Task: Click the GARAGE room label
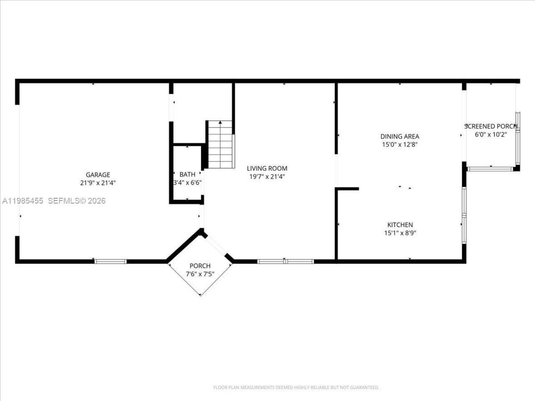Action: (x=98, y=175)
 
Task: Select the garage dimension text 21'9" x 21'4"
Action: (x=98, y=183)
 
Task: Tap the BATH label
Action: (x=187, y=174)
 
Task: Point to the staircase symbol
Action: (x=220, y=144)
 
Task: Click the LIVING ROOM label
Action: (x=267, y=168)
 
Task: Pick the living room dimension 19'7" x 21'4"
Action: (x=267, y=176)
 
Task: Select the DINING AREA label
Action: (x=400, y=136)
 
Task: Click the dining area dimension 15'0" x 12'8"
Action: (x=400, y=145)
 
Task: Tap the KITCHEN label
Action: (x=400, y=225)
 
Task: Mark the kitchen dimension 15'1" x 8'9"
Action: (x=400, y=233)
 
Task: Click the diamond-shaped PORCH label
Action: (x=200, y=266)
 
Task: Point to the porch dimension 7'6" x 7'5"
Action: (x=200, y=274)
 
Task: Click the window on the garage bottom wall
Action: (x=110, y=261)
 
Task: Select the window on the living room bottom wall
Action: (x=285, y=261)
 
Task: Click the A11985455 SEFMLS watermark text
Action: (x=53, y=201)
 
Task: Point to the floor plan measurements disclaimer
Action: (x=296, y=388)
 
